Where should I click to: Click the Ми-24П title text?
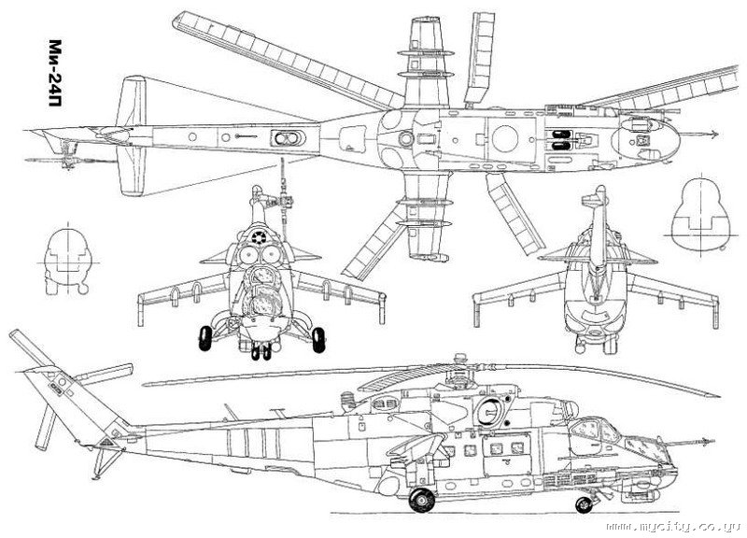click(56, 73)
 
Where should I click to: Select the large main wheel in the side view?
click(422, 500)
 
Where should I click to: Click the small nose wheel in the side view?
click(584, 504)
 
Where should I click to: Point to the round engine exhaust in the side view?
click(489, 410)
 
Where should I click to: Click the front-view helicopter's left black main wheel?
click(204, 338)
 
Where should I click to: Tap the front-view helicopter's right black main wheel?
click(318, 340)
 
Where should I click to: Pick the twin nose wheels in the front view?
click(261, 351)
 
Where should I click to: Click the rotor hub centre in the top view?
click(406, 138)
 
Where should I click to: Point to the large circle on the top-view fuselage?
click(505, 138)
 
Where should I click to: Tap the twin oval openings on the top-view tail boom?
click(288, 138)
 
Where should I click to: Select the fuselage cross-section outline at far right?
click(700, 216)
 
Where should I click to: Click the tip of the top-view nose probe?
click(717, 134)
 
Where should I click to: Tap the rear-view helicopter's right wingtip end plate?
click(715, 312)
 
